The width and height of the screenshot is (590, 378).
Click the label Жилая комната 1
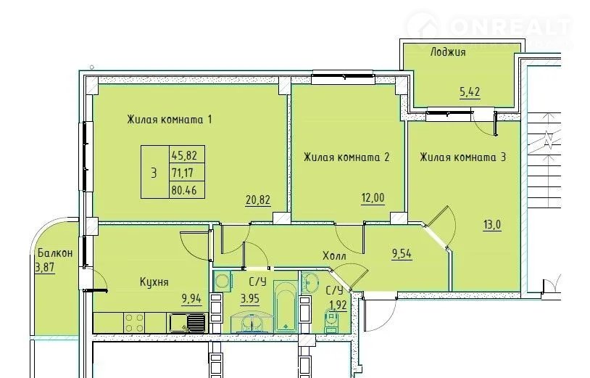point(170,120)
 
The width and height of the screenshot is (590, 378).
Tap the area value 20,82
point(258,200)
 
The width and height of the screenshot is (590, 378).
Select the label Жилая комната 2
point(346,157)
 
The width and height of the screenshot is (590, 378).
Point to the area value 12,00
point(373,197)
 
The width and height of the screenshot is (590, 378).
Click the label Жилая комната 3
point(463,157)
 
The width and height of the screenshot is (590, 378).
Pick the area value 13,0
point(492,225)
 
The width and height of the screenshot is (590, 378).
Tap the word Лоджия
point(448,52)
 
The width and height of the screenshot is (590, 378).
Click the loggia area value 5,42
point(470,92)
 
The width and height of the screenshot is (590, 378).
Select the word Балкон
point(55,253)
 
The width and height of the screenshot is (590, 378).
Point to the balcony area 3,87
point(45,267)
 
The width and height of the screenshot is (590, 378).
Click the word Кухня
point(154,282)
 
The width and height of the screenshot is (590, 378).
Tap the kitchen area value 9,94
point(192,299)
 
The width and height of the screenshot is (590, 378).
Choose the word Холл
point(334,256)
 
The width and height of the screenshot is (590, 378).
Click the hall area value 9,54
point(402,254)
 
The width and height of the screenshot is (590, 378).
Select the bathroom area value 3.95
point(251,299)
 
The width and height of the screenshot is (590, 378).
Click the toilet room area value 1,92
point(338,304)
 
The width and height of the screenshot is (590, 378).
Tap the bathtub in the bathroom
point(286,306)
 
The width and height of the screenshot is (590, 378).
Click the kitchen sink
point(187,324)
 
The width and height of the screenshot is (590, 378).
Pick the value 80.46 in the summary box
point(184,190)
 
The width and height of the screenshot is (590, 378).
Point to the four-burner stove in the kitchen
point(134,323)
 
